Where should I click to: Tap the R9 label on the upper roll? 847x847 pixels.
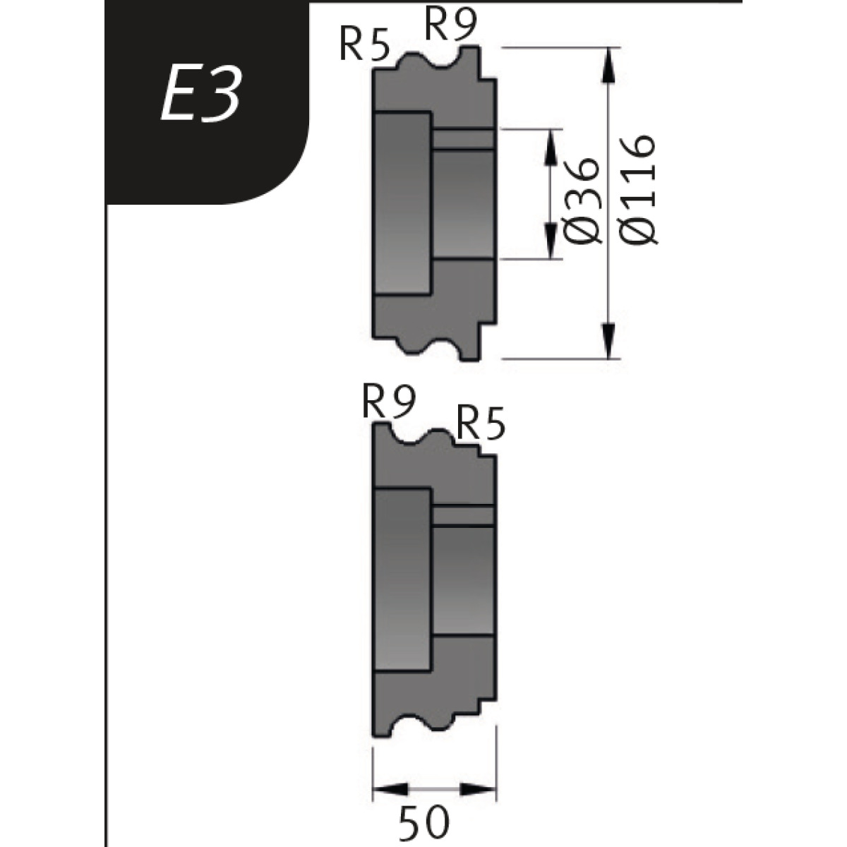451,27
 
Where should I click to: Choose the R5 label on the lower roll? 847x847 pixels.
481,423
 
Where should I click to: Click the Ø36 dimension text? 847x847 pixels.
583,200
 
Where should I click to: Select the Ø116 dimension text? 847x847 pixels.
641,189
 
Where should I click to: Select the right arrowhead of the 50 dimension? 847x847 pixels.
479,789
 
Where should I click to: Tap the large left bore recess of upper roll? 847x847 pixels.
402,202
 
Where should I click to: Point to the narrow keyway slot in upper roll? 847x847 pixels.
463,138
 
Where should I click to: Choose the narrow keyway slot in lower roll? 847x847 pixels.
463,516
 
